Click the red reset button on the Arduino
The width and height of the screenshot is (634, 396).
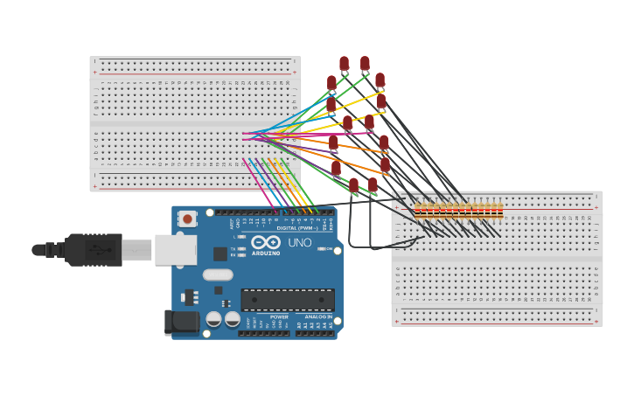[187, 219]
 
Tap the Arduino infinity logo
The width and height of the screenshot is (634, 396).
[265, 242]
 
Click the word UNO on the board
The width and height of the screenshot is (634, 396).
[299, 242]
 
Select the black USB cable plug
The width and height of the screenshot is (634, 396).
[93, 249]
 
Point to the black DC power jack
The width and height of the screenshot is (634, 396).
[183, 321]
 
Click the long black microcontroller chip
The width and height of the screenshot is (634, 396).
[288, 299]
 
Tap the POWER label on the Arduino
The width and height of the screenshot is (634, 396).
[279, 316]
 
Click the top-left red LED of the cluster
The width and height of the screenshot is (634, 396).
[344, 64]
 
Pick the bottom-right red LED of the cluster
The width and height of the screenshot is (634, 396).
[373, 184]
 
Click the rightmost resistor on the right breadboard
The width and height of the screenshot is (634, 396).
[499, 210]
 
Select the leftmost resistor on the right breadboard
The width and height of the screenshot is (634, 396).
[418, 210]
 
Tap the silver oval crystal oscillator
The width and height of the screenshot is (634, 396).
[218, 274]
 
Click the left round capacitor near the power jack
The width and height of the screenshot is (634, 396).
[213, 319]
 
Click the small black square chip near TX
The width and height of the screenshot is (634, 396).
[220, 254]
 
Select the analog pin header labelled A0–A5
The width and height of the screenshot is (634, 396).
[315, 332]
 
